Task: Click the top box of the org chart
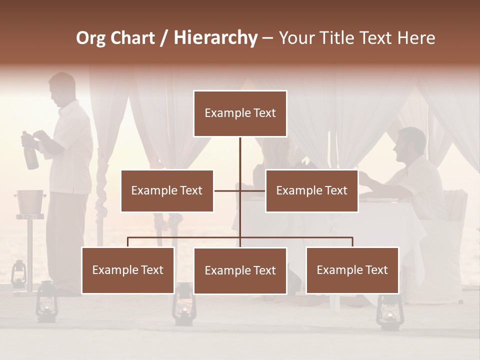(x=240, y=113)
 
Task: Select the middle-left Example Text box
(x=167, y=190)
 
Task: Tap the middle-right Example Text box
(x=311, y=190)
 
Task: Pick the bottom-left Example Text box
(x=128, y=270)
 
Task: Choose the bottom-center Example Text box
(x=240, y=270)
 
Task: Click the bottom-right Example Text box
(x=352, y=270)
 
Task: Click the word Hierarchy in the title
(x=215, y=38)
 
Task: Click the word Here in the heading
(x=416, y=38)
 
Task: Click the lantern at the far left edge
(x=18, y=274)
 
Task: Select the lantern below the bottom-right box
(x=388, y=312)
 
